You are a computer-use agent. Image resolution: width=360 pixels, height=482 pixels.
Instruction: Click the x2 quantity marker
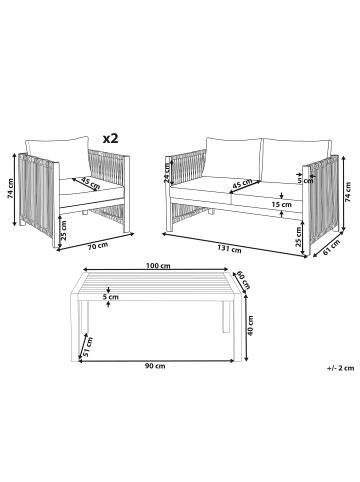click(x=110, y=138)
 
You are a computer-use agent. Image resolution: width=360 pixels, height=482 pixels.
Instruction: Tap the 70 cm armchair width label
click(x=98, y=247)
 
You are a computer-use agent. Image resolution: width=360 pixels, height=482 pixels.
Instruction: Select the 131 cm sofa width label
click(x=229, y=249)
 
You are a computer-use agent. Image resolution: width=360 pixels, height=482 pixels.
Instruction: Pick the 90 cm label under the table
click(x=155, y=366)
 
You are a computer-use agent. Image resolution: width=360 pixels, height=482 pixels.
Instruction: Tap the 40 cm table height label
click(x=251, y=325)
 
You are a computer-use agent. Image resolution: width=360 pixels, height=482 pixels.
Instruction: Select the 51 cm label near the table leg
click(x=88, y=347)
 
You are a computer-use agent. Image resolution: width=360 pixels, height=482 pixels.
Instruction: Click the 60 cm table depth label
click(x=244, y=280)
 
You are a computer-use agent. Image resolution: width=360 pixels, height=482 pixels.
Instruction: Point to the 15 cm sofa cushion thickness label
click(x=282, y=204)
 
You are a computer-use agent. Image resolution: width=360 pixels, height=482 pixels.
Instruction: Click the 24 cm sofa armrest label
click(x=167, y=174)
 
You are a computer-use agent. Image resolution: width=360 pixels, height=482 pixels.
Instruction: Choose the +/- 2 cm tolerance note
click(x=340, y=368)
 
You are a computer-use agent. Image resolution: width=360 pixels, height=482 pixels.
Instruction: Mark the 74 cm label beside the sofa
click(x=349, y=192)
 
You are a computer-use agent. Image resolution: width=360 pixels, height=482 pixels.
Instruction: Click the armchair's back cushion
click(x=57, y=157)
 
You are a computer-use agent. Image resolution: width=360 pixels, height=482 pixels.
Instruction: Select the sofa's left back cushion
click(x=234, y=159)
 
